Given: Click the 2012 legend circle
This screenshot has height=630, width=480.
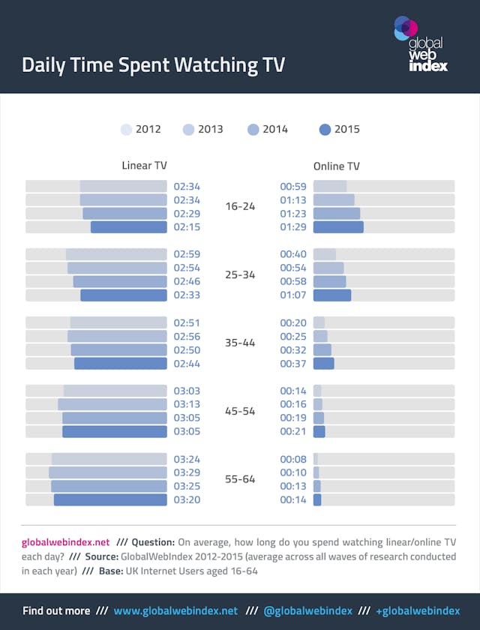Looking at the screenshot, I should (x=127, y=130).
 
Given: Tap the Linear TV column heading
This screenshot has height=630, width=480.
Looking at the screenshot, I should (x=144, y=166).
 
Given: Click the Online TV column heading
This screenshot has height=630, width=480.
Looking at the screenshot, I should (x=337, y=166).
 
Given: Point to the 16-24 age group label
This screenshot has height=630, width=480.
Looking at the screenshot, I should (x=240, y=206).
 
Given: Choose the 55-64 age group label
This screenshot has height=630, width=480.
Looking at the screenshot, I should (x=240, y=478).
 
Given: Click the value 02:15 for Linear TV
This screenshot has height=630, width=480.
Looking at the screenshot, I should (x=187, y=227).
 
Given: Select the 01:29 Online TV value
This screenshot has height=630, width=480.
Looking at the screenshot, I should (x=293, y=227).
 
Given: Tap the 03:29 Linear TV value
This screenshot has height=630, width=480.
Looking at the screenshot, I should (x=187, y=472).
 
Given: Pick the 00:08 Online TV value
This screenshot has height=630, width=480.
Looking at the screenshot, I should (x=293, y=459).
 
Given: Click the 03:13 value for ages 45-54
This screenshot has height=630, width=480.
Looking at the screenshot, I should (x=187, y=404).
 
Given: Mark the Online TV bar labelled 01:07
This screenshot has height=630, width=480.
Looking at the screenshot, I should (x=332, y=295).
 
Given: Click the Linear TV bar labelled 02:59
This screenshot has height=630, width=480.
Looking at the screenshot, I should (x=116, y=254).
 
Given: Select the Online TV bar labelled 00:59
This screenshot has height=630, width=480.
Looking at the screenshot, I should (x=330, y=186).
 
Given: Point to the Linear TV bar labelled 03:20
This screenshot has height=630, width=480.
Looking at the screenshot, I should (x=110, y=499).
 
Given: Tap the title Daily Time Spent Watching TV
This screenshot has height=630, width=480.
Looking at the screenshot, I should (x=153, y=64).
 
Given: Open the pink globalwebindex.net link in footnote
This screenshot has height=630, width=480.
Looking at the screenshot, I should (x=66, y=542).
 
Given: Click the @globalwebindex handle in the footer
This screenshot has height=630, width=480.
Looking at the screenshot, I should (x=307, y=610).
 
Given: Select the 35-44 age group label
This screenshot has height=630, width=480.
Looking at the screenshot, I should (x=240, y=343).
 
